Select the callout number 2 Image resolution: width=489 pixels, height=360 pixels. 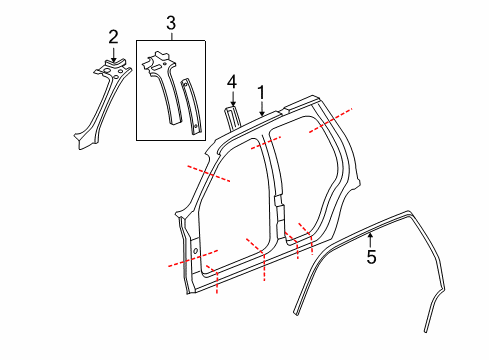point(113,38)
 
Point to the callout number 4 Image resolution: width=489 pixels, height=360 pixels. point(231,81)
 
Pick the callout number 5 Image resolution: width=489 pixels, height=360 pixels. point(370,257)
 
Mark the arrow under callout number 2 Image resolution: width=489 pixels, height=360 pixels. point(113,55)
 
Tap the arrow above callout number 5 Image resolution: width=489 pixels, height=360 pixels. point(370,240)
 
